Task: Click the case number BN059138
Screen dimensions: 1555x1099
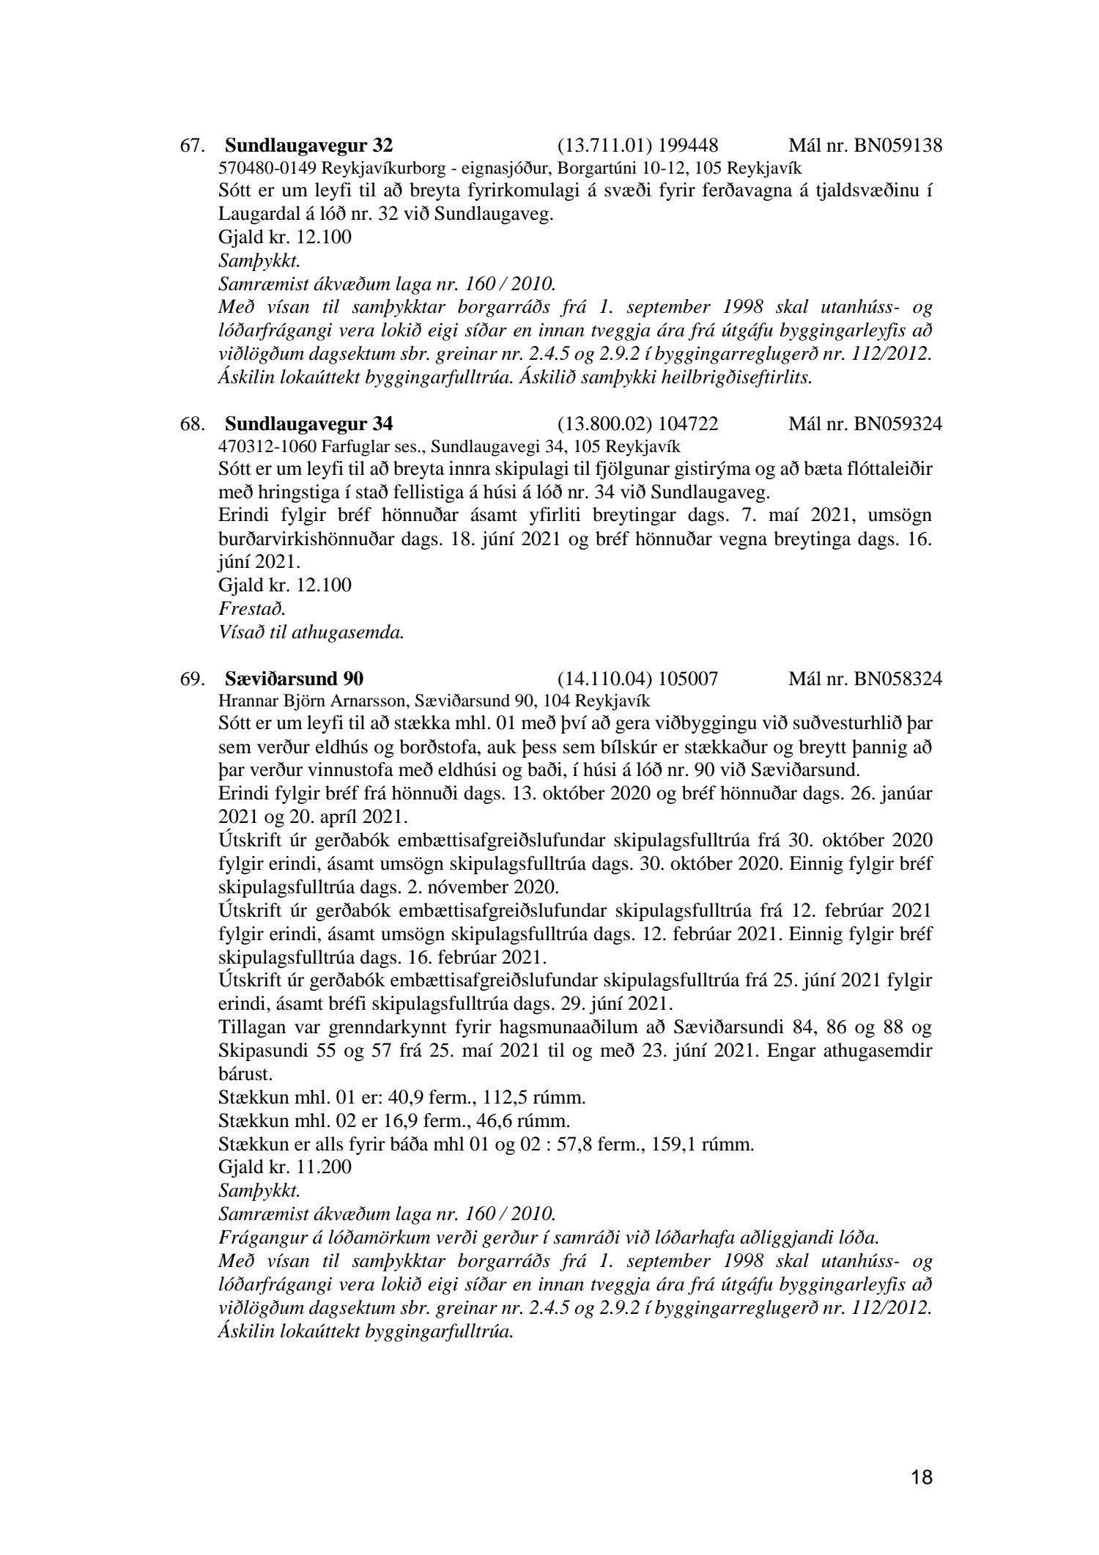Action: point(898,145)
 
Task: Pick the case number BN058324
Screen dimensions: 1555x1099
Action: point(898,678)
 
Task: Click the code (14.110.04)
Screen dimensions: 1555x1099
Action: point(605,678)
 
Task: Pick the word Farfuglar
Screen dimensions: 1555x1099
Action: point(327,445)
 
